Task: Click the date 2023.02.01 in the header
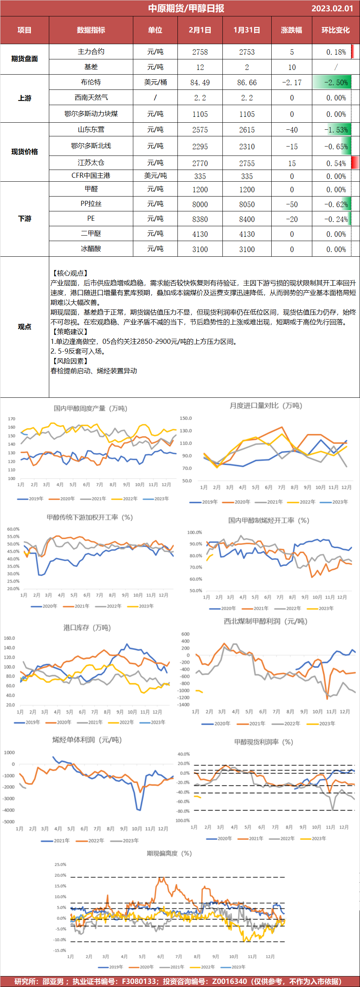tap(332, 8)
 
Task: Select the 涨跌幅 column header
tap(291, 30)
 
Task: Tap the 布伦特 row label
tap(91, 82)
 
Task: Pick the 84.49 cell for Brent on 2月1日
tap(200, 82)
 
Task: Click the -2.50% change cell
tap(336, 82)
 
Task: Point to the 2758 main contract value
tap(200, 52)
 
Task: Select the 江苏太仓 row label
tap(91, 163)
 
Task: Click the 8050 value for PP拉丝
tap(247, 204)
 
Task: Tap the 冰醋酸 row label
tap(91, 249)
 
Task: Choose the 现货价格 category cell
tap(24, 152)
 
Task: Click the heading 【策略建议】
tap(69, 332)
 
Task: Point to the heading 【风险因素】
tap(69, 361)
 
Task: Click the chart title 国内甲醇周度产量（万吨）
tap(90, 408)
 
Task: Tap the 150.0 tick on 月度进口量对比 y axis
tap(186, 418)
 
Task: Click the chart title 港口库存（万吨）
tap(87, 628)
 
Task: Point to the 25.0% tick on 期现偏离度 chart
tap(60, 864)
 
